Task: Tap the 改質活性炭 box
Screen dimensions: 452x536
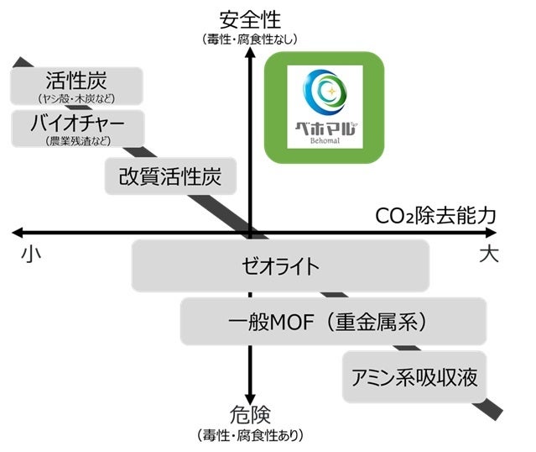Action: pos(171,177)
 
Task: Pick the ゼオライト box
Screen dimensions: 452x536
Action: pos(280,265)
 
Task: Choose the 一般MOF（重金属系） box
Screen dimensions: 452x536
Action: pos(333,320)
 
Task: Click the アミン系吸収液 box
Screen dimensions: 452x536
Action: pos(414,377)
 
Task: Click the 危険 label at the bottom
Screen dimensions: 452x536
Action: pos(250,416)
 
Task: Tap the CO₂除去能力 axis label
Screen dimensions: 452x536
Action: pos(435,215)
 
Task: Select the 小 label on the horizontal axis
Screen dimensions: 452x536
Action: pos(28,254)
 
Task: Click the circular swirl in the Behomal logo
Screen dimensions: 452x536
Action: pos(324,90)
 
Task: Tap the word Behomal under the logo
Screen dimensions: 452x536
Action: pos(324,144)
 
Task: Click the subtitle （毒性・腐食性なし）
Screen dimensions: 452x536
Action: pos(250,39)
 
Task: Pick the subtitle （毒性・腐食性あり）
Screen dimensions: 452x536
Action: pos(250,435)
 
